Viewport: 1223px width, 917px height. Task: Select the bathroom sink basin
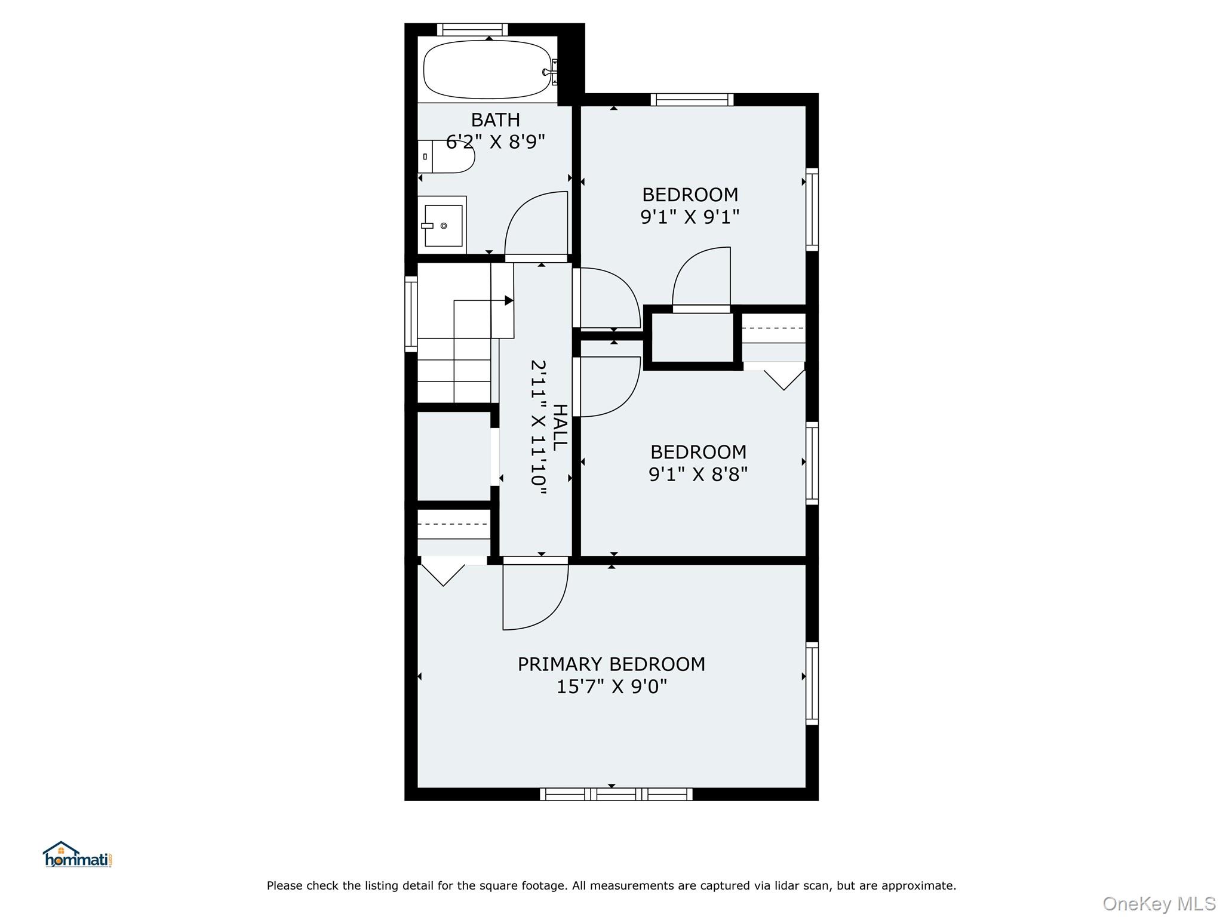pyautogui.click(x=443, y=225)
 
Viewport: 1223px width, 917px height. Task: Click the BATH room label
pyautogui.click(x=495, y=120)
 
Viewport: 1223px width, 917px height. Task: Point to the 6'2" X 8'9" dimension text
pyautogui.click(x=495, y=142)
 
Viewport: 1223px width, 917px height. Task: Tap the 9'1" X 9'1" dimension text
pyautogui.click(x=690, y=217)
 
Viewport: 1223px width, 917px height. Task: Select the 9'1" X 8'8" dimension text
pyautogui.click(x=697, y=474)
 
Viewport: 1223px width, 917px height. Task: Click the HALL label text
pyautogui.click(x=560, y=427)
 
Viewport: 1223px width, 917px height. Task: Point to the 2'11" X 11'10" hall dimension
pyautogui.click(x=539, y=427)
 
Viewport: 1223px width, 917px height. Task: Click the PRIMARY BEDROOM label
pyautogui.click(x=611, y=664)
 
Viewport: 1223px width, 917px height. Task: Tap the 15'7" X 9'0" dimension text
pyautogui.click(x=611, y=687)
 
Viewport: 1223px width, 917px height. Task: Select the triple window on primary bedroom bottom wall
pyautogui.click(x=616, y=794)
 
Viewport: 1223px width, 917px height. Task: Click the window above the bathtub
pyautogui.click(x=472, y=29)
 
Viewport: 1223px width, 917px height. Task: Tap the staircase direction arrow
pyautogui.click(x=508, y=300)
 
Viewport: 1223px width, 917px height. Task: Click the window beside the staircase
pyautogui.click(x=411, y=313)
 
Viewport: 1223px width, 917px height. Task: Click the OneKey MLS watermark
pyautogui.click(x=1159, y=903)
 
